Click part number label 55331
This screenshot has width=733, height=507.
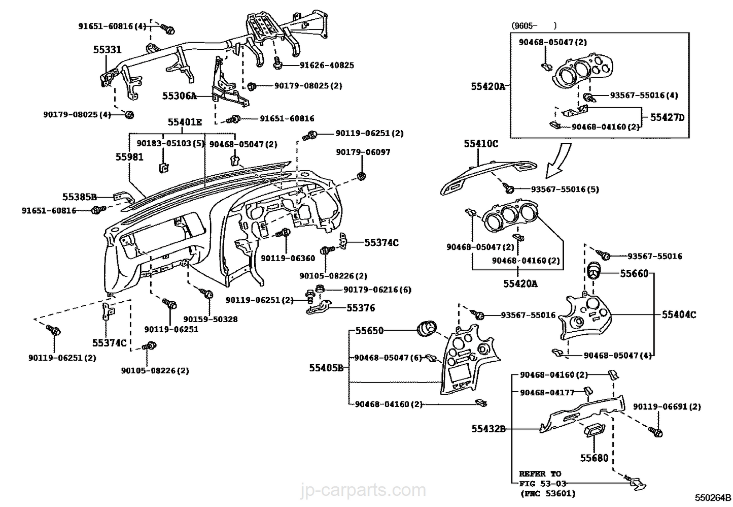(x=107, y=49)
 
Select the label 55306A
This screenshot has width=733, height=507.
(x=179, y=95)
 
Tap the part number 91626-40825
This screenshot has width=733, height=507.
(x=327, y=65)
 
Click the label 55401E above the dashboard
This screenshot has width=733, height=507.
(x=185, y=122)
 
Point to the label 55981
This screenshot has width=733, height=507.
(x=129, y=157)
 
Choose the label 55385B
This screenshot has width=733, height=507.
(x=79, y=197)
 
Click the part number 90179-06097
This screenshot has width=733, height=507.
(x=363, y=152)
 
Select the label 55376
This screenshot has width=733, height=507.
(x=361, y=308)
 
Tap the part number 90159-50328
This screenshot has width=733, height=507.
(x=210, y=319)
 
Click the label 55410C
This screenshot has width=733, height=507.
(x=480, y=144)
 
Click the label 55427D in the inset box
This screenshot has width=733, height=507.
(x=667, y=117)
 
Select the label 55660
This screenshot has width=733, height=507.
(x=634, y=273)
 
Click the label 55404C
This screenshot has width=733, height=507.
(x=679, y=314)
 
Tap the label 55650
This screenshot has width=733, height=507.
(x=369, y=330)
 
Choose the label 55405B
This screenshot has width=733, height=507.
(x=326, y=367)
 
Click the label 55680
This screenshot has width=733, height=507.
(x=594, y=458)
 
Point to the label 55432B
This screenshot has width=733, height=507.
(x=488, y=429)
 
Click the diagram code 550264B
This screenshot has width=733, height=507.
(x=713, y=497)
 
